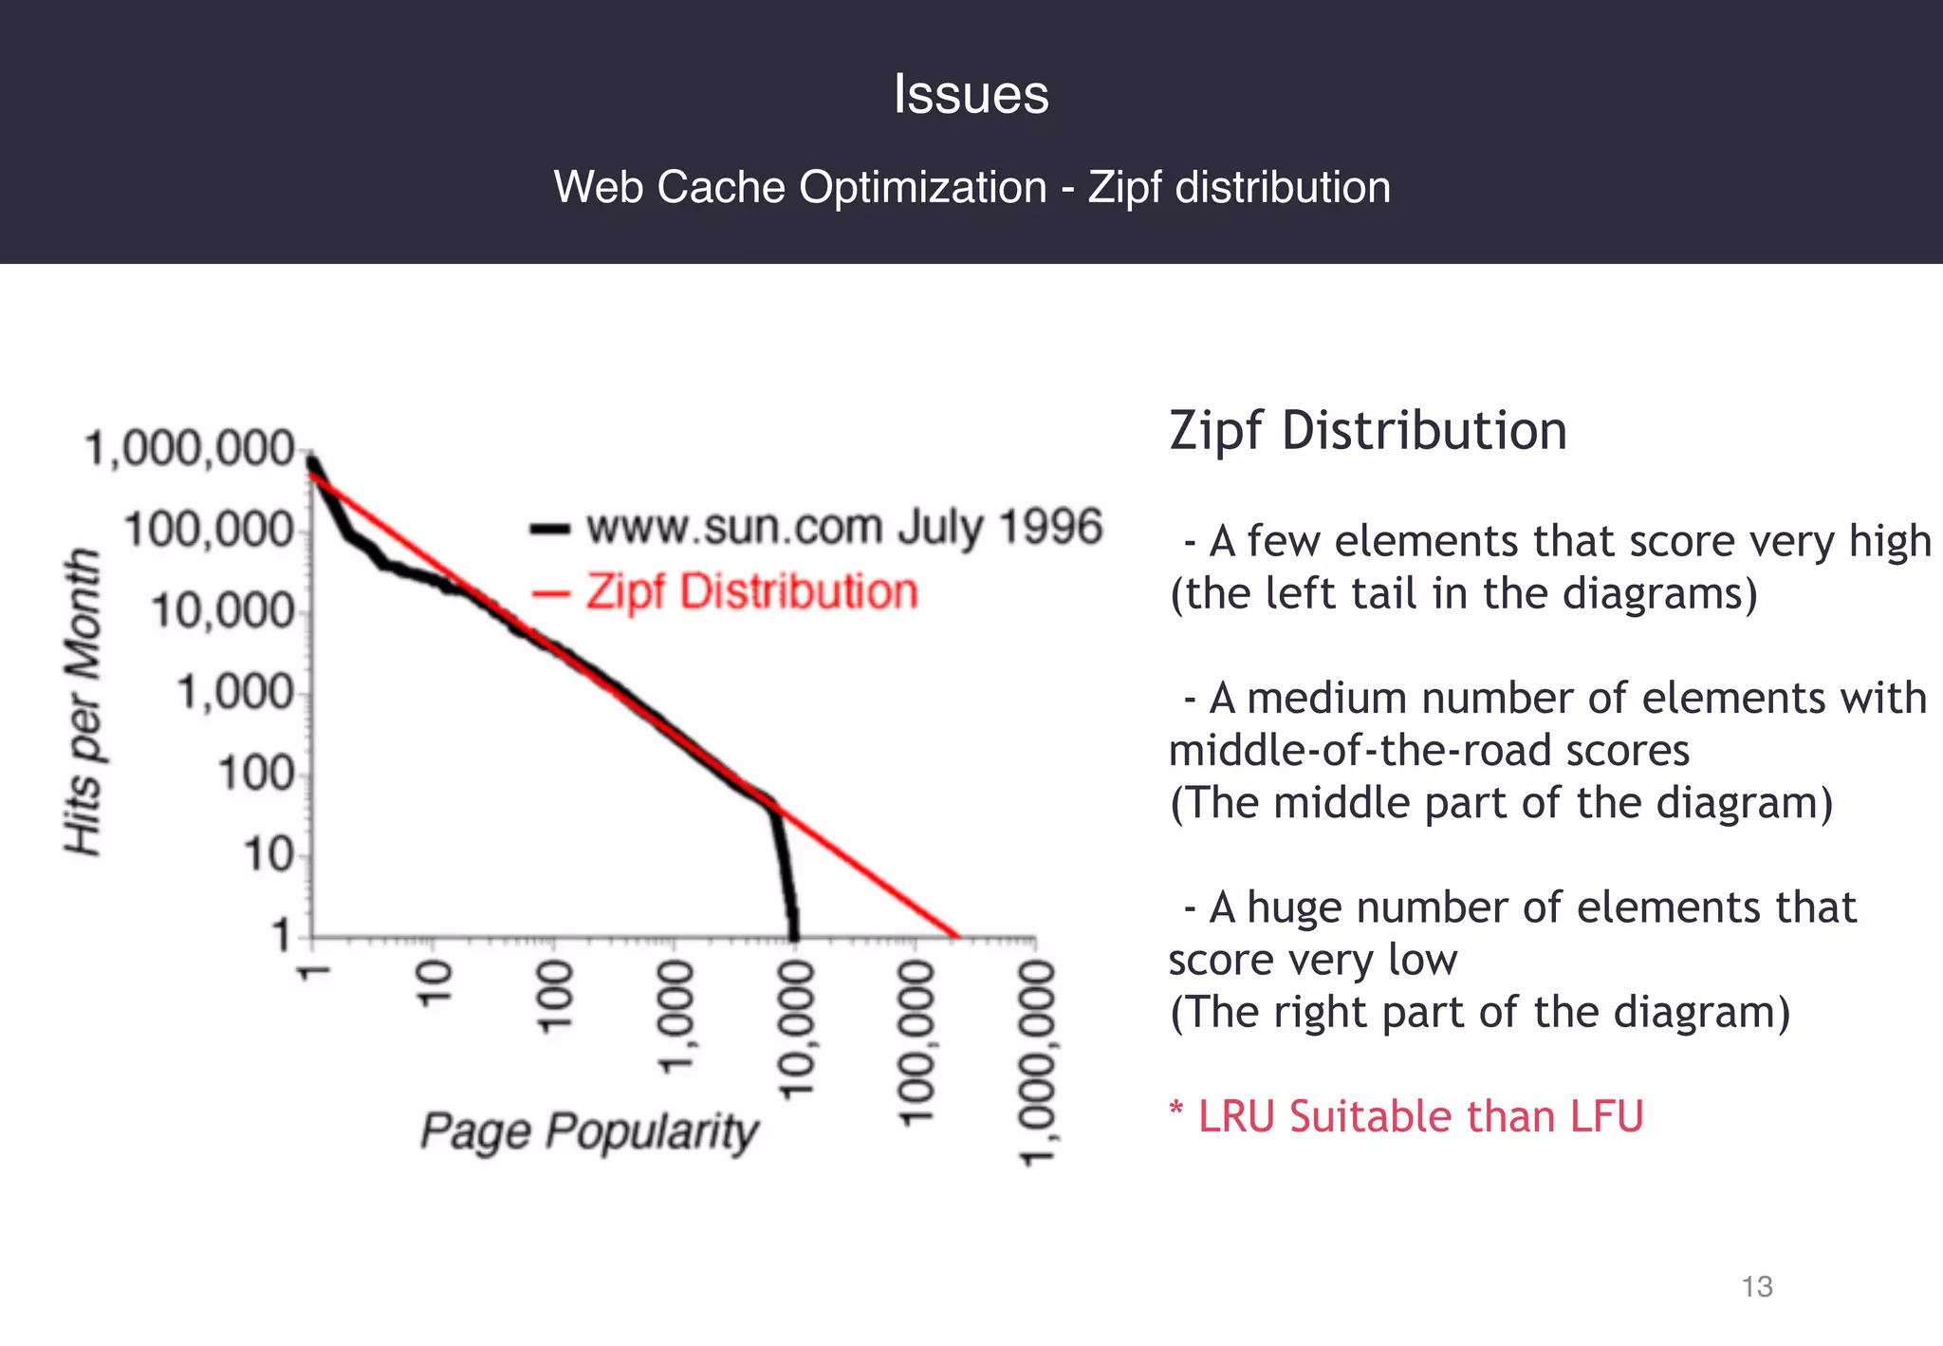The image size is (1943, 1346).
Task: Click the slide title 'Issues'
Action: (x=971, y=95)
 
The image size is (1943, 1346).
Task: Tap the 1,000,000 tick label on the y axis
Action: (x=191, y=449)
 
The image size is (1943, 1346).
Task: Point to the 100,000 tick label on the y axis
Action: (x=210, y=530)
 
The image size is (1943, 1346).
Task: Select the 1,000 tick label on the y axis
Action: (x=236, y=694)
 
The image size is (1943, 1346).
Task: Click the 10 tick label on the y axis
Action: (x=269, y=856)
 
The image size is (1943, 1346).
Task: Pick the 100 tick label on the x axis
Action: (x=555, y=996)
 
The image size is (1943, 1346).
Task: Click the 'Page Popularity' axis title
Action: (x=589, y=1131)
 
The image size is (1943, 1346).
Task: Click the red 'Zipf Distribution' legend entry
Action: (x=750, y=592)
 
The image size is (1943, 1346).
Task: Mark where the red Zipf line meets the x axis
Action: (x=956, y=936)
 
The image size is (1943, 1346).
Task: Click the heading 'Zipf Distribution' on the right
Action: (x=1367, y=431)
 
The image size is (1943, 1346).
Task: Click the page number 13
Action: (x=1757, y=1286)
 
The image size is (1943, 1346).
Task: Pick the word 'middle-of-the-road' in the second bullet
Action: (x=1358, y=751)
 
